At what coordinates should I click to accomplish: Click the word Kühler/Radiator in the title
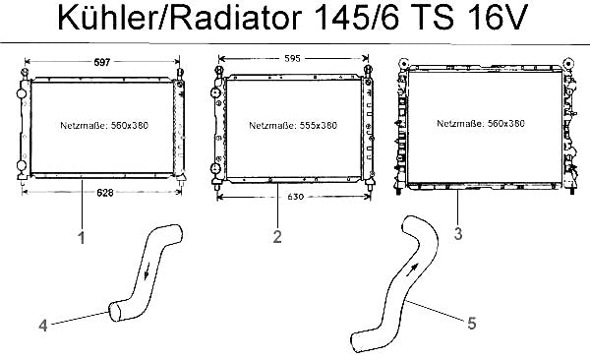[180, 17]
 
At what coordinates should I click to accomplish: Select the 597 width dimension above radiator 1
[102, 62]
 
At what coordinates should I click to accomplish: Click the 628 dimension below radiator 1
[105, 193]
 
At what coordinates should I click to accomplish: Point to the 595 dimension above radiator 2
[292, 58]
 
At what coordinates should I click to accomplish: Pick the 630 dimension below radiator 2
[295, 197]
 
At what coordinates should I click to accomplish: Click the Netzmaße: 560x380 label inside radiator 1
[104, 125]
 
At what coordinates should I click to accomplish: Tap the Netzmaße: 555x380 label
[293, 125]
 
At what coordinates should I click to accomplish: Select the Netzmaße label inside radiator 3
[481, 124]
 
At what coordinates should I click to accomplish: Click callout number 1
[82, 238]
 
